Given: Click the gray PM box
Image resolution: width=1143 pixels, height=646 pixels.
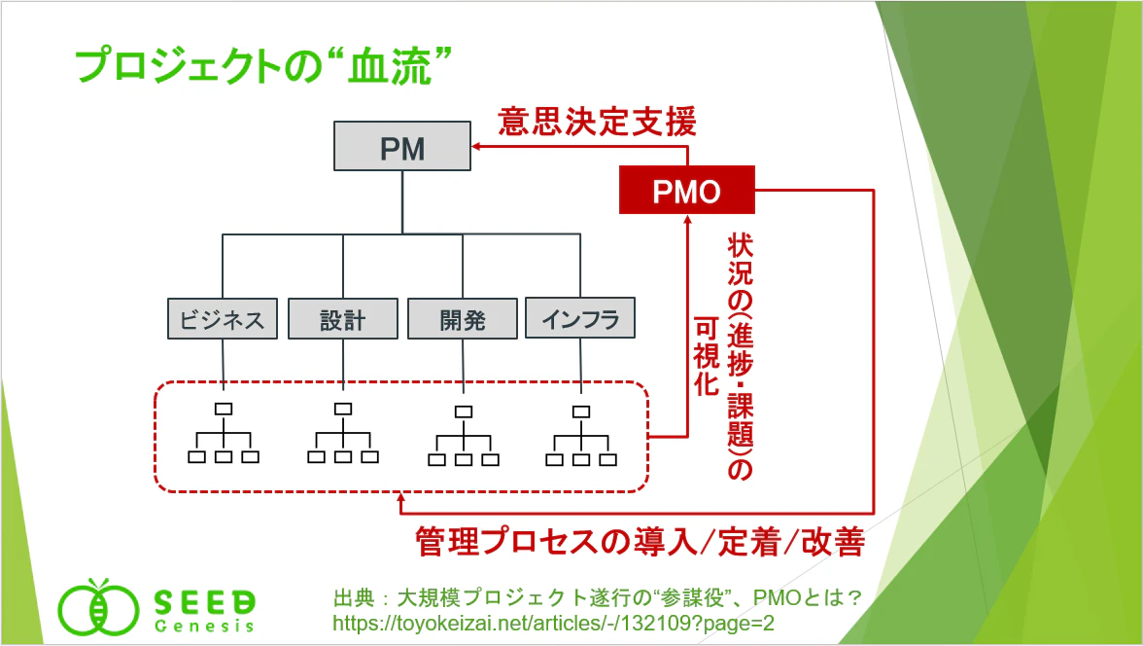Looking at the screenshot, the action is (402, 146).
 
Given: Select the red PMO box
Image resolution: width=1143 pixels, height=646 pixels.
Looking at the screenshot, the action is (686, 190).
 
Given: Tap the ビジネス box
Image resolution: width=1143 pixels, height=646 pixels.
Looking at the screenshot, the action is (223, 318).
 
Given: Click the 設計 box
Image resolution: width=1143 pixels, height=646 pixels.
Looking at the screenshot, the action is (342, 318).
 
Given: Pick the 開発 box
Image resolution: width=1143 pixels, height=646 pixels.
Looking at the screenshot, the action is (463, 318).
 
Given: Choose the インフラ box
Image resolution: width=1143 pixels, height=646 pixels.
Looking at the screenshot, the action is (580, 317).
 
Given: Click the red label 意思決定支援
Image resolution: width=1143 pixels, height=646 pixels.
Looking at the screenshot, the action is (598, 122).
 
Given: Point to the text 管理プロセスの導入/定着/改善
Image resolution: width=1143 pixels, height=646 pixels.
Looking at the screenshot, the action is (640, 542).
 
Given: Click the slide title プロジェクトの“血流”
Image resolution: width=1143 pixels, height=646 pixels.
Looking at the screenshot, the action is (263, 65).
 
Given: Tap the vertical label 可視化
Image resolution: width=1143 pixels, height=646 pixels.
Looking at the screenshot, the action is (707, 356).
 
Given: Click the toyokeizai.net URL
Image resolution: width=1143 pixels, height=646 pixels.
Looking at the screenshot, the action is (553, 624).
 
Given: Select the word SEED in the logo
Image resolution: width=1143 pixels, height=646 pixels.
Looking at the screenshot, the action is (205, 602).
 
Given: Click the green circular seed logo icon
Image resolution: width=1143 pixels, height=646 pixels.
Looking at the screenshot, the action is (98, 607).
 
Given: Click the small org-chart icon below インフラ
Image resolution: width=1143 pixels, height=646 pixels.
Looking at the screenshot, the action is (581, 436).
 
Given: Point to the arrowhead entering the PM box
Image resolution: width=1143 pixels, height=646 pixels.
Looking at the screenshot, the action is (476, 146).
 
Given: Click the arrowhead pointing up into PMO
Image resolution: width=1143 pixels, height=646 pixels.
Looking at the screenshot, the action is (686, 219).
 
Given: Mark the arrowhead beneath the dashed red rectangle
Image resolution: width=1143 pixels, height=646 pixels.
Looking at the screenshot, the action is (400, 498).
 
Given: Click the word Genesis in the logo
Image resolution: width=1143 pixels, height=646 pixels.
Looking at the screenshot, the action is (205, 627).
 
